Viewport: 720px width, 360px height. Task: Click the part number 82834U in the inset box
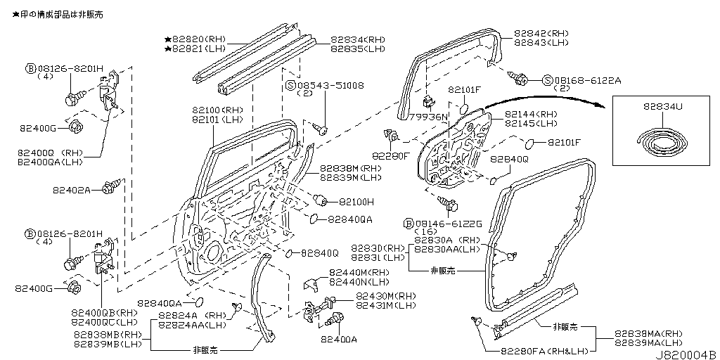pyautogui.click(x=662, y=107)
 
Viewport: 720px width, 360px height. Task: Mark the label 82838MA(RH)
pyautogui.click(x=647, y=333)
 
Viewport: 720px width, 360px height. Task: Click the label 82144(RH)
pyautogui.click(x=530, y=114)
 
